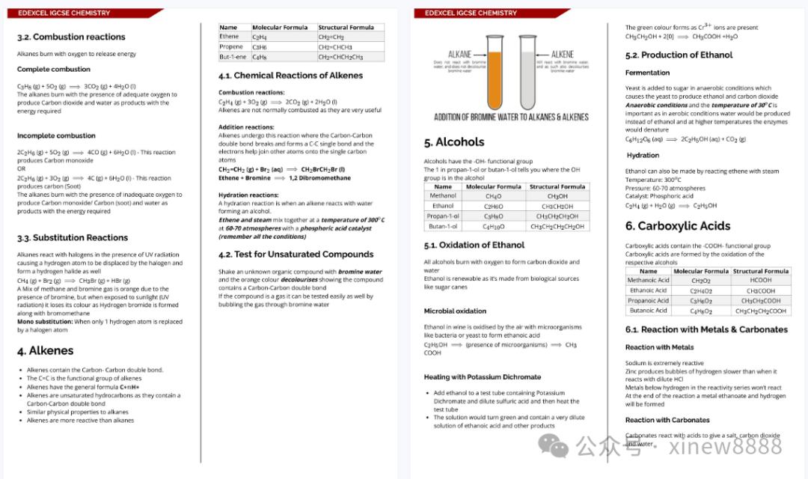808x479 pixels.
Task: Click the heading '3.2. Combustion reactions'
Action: click(x=71, y=37)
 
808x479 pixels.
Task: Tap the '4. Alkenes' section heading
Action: click(x=46, y=350)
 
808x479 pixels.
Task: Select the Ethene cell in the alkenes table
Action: click(x=229, y=37)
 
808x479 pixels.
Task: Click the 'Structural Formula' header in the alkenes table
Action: click(x=346, y=28)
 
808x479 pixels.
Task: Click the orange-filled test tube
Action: click(x=495, y=75)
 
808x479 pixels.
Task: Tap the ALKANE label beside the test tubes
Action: click(x=459, y=55)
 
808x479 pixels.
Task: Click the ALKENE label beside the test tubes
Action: click(x=563, y=55)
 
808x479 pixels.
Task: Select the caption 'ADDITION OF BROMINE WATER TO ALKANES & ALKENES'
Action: click(x=511, y=117)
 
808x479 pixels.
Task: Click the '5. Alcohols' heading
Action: click(x=454, y=142)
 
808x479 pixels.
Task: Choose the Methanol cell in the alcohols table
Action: click(x=443, y=196)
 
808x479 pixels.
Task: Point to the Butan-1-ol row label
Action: click(x=443, y=226)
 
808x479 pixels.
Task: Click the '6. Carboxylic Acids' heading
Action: click(x=678, y=226)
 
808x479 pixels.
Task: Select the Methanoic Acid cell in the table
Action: click(x=648, y=281)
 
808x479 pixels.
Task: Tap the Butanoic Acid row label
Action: click(x=648, y=311)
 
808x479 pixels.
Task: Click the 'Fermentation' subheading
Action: click(x=647, y=73)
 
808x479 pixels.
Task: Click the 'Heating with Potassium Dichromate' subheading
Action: click(x=482, y=377)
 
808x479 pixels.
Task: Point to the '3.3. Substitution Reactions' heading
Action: click(x=73, y=238)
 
